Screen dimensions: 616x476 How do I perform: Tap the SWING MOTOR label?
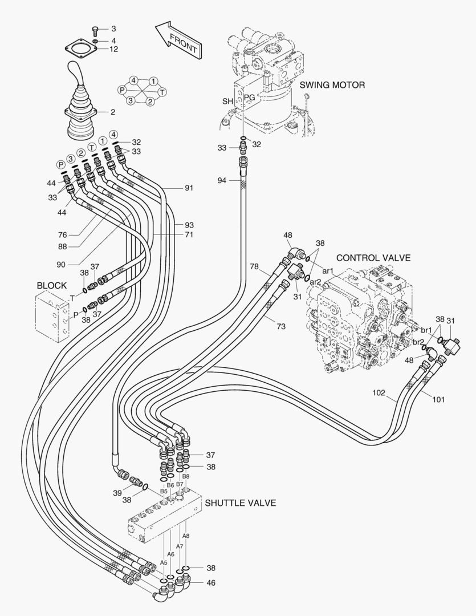click(x=332, y=85)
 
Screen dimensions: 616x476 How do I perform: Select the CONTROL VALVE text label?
click(x=373, y=258)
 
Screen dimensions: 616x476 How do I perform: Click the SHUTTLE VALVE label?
click(x=241, y=503)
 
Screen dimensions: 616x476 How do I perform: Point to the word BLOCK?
click(x=51, y=285)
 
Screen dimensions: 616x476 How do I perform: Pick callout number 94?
click(x=222, y=180)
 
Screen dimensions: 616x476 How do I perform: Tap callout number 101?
click(x=438, y=399)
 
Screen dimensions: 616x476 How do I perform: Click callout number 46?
click(x=211, y=583)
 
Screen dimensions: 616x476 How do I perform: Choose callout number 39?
click(x=117, y=492)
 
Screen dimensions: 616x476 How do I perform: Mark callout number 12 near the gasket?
click(x=113, y=49)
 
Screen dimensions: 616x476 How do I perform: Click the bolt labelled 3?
click(x=96, y=29)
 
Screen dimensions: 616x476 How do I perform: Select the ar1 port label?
click(x=328, y=271)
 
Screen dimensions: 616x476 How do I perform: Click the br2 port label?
click(x=418, y=342)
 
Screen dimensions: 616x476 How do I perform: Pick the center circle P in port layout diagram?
click(x=121, y=90)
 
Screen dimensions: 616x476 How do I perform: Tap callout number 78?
click(x=254, y=266)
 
